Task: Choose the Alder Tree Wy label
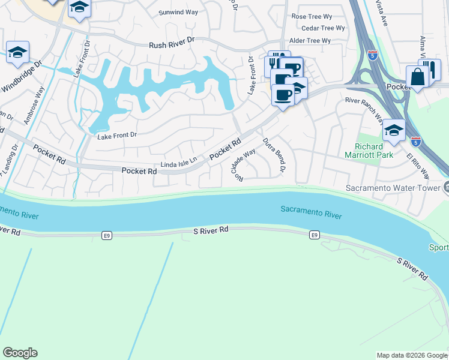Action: (310, 41)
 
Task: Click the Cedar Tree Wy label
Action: (323, 28)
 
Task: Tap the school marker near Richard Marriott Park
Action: (394, 130)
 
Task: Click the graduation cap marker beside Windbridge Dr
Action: (18, 52)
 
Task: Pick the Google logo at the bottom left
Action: (20, 353)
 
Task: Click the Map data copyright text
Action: (411, 355)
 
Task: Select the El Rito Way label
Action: (418, 166)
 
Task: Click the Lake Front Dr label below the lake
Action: (117, 135)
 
